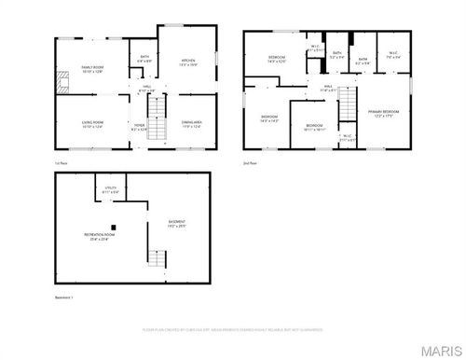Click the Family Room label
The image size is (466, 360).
(91, 69)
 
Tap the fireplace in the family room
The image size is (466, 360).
(62, 80)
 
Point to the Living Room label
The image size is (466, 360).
(91, 124)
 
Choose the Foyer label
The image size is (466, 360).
(139, 126)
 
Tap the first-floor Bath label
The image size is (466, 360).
(144, 59)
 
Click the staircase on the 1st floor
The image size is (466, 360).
(157, 120)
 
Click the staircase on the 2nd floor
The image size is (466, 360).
(347, 99)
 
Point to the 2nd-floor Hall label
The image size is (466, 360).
(328, 88)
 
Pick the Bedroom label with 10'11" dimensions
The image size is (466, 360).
(314, 127)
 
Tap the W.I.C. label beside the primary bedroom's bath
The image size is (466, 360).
(393, 54)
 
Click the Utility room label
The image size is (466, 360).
(109, 190)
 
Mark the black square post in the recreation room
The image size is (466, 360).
(113, 226)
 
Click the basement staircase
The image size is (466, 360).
(157, 257)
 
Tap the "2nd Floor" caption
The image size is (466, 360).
(250, 163)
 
